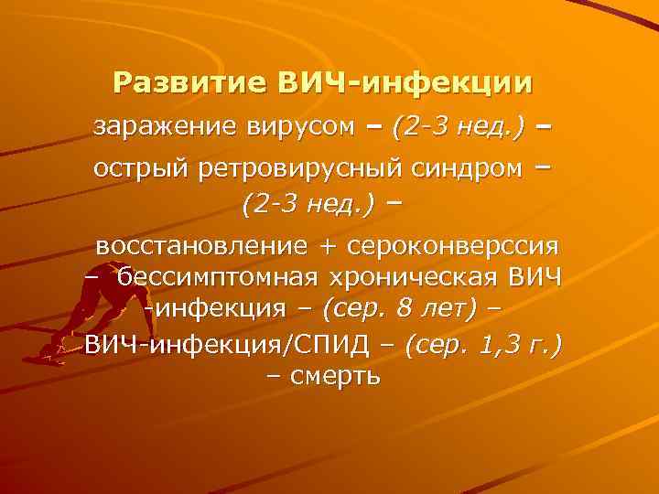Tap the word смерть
[340, 375]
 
